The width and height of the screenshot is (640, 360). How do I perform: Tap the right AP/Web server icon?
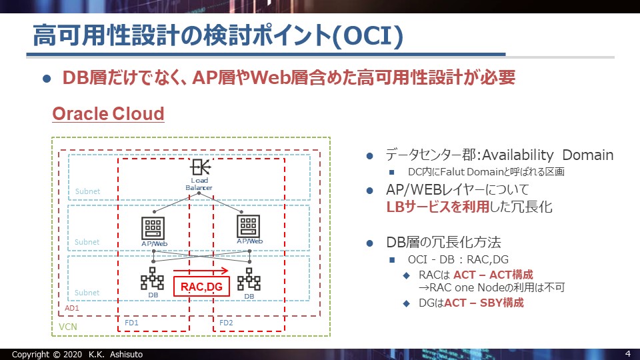[249, 227]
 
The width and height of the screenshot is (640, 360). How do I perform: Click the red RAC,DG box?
[201, 287]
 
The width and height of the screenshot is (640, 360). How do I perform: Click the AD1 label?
[72, 309]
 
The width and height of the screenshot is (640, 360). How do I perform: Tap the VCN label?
[67, 328]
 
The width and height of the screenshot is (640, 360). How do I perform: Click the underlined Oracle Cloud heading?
[108, 113]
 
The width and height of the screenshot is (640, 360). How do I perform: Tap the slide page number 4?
[628, 353]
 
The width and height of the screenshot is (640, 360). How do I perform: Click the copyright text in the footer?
[77, 354]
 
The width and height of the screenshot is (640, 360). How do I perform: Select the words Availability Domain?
[547, 155]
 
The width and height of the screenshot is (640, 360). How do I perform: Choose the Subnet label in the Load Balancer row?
[87, 191]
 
